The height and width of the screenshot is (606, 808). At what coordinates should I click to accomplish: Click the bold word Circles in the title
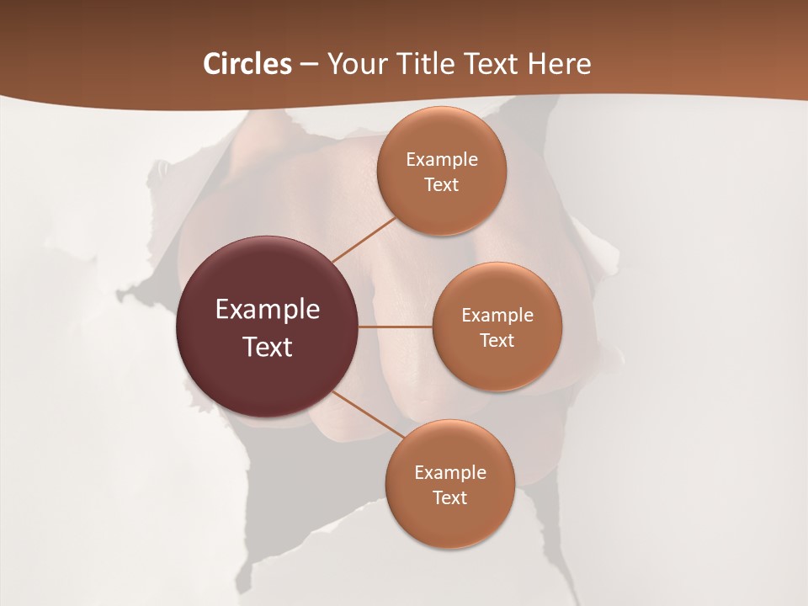point(247,64)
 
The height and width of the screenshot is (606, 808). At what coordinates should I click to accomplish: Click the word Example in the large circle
point(268,310)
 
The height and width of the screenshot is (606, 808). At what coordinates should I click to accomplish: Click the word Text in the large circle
point(268,347)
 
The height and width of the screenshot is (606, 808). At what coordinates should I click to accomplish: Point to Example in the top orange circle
point(442,160)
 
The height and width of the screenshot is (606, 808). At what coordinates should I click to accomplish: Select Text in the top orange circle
point(442,185)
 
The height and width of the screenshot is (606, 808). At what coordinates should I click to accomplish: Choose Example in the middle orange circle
point(497,316)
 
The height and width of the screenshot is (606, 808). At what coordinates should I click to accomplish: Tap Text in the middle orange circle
point(497,341)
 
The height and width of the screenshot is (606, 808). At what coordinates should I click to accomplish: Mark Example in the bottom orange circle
point(450,473)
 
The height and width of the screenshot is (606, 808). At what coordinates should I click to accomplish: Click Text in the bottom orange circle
point(450,498)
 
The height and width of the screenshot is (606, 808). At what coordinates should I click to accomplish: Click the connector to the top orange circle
point(364,240)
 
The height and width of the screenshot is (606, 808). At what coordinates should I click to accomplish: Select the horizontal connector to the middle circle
point(396,326)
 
